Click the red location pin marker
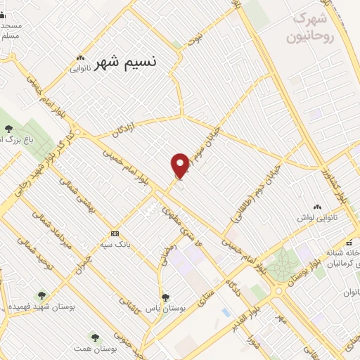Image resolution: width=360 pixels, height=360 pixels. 181,165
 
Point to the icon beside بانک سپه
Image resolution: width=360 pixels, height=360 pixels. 115,233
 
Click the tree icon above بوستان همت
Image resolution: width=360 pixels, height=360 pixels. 95,338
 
